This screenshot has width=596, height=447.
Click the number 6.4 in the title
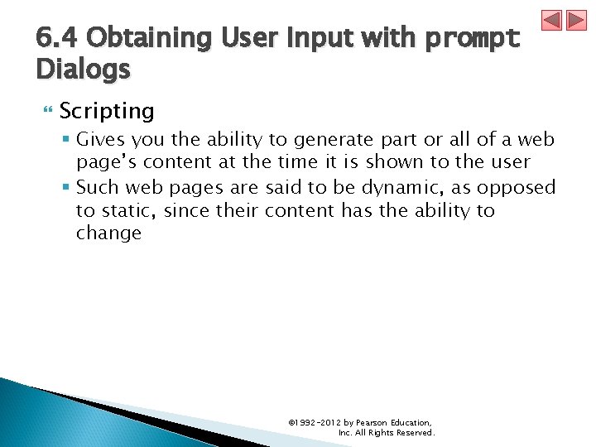pos(57,38)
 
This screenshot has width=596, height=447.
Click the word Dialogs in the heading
pos(83,70)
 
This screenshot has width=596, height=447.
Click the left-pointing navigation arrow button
pos(552,20)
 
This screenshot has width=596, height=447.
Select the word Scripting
pos(107,111)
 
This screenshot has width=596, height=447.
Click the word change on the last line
pos(108,233)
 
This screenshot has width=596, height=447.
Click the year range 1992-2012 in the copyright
pos(314,423)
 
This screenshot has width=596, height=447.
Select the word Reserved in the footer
pos(415,433)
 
